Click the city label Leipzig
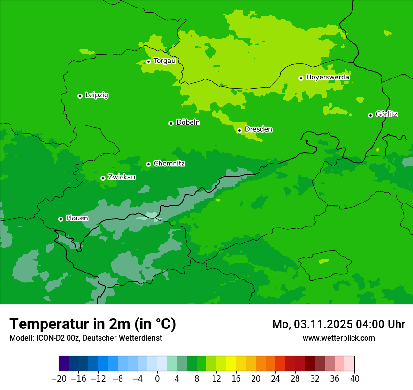click(97, 95)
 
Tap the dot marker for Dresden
click(239, 130)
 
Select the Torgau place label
click(164, 61)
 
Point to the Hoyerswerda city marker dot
click(301, 78)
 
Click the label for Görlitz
click(387, 114)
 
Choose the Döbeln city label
click(188, 123)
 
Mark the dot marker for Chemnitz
click(148, 164)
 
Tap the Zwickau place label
click(122, 178)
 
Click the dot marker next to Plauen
click(61, 219)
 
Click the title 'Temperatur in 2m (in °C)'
click(92, 324)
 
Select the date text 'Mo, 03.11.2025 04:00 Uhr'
click(338, 324)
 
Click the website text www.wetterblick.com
click(338, 338)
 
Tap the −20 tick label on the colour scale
click(59, 379)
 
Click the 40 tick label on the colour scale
click(354, 379)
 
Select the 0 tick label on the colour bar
click(157, 379)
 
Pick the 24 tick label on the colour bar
click(275, 379)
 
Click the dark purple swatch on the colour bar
click(63, 364)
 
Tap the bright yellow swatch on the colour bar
click(231, 364)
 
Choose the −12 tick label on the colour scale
click(98, 379)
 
